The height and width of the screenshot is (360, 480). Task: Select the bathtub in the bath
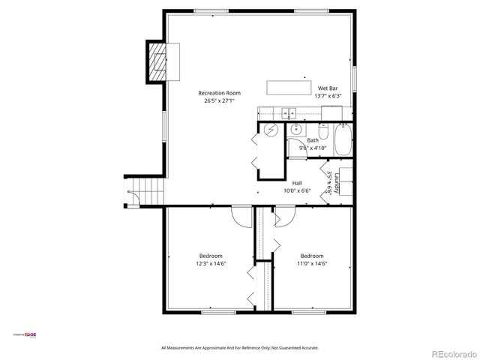tap(343, 139)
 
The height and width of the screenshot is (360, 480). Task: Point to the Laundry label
tap(338, 182)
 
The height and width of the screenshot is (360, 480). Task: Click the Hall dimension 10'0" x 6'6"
tap(297, 190)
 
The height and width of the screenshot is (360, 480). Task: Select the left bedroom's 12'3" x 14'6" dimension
tap(211, 263)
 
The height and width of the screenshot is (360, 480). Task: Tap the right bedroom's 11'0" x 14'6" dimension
tap(312, 263)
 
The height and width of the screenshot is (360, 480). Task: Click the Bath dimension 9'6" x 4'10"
tap(313, 148)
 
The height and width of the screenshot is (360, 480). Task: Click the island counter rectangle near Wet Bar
tap(289, 87)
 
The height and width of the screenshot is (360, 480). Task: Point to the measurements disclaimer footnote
tap(240, 348)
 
